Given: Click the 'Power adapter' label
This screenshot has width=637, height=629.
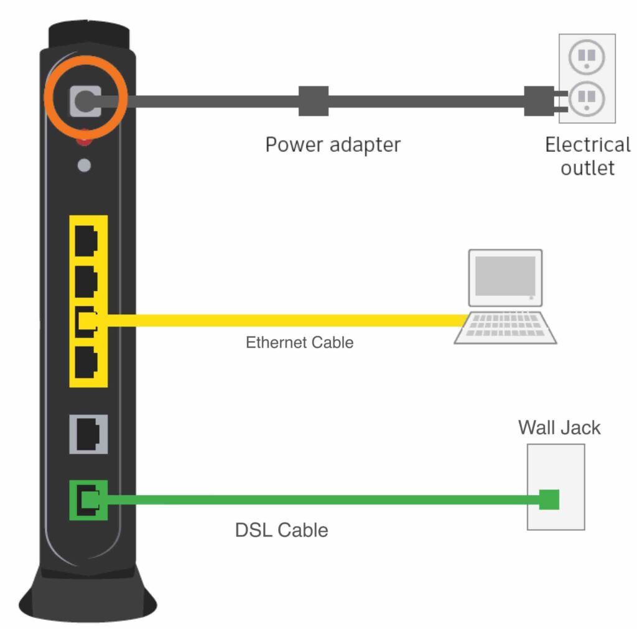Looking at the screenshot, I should (333, 145).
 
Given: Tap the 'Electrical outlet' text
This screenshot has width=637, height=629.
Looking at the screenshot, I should (587, 156).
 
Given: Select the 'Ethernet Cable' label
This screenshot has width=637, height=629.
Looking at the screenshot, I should (299, 342).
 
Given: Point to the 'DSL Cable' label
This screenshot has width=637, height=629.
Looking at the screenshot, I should (281, 530).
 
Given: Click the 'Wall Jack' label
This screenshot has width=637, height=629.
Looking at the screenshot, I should (559, 428).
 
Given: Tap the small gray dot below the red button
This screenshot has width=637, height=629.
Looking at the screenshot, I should (85, 165).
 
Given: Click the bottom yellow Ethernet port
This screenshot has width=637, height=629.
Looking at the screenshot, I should (86, 361).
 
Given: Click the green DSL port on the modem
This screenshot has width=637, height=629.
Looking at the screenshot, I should (88, 500).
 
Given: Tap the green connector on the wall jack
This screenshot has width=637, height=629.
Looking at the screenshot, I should (549, 500).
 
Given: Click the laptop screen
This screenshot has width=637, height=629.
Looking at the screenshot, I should (504, 276).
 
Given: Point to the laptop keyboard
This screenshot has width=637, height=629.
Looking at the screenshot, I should (504, 327).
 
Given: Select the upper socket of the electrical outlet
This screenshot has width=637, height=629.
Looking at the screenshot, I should (587, 58).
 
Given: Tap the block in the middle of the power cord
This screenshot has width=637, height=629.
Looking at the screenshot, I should (313, 101).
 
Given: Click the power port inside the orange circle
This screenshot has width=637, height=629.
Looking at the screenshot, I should (85, 101).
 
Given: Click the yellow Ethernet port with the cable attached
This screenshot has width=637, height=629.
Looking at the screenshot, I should (86, 321).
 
